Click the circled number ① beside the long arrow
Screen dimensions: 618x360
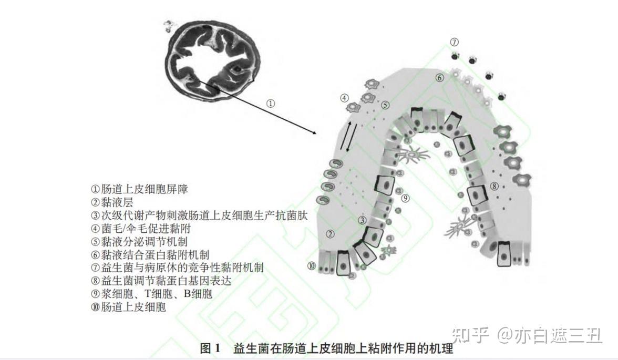(x=271, y=104)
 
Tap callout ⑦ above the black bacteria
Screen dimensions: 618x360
(x=454, y=42)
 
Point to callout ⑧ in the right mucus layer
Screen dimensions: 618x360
(x=494, y=186)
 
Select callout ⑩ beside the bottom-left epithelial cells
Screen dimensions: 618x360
(x=312, y=266)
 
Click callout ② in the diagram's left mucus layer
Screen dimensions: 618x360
(x=330, y=234)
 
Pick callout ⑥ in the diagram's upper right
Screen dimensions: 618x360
(x=439, y=78)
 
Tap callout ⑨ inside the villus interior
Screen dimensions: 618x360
(x=405, y=199)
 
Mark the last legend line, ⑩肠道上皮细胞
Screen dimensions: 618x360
(x=129, y=307)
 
